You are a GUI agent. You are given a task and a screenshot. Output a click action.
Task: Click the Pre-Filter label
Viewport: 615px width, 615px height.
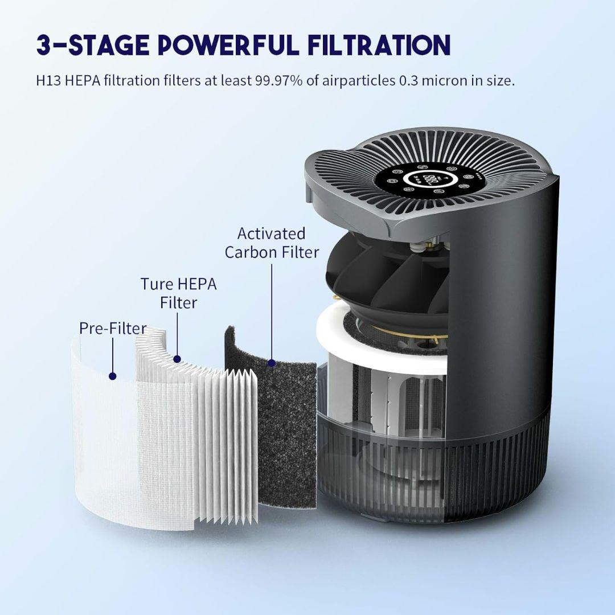pos(113,328)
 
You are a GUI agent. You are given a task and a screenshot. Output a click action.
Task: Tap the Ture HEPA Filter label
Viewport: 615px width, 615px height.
pos(178,292)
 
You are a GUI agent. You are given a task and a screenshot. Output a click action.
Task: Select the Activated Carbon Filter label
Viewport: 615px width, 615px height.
pos(272,243)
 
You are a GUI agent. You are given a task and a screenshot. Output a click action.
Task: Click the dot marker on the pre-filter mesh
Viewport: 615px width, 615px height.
pos(113,376)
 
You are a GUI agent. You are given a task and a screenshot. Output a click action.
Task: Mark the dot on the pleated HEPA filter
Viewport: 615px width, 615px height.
pos(177,359)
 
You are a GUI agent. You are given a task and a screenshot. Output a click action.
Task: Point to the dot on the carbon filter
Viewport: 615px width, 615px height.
pos(272,362)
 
